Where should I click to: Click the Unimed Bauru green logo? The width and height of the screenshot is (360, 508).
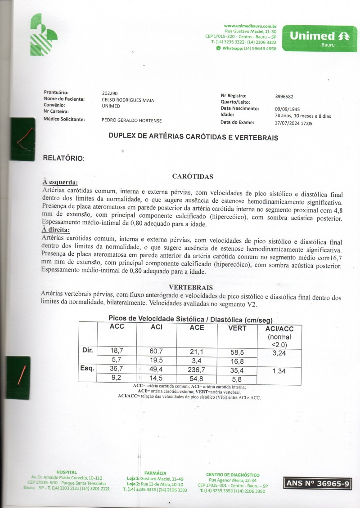[319, 39]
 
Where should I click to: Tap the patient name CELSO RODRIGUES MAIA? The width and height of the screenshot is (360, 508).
[128, 100]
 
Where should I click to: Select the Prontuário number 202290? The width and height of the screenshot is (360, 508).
[110, 94]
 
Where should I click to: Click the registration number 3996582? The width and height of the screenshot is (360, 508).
[284, 96]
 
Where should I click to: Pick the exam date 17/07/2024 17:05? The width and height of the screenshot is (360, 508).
[293, 123]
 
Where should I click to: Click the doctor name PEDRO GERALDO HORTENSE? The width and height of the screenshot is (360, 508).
[132, 120]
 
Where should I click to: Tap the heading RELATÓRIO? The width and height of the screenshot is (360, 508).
[63, 158]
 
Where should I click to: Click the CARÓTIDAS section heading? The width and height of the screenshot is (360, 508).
[192, 177]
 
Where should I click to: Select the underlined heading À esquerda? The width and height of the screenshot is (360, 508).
[60, 183]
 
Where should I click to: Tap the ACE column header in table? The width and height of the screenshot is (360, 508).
[197, 328]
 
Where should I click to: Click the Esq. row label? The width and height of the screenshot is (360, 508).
[88, 369]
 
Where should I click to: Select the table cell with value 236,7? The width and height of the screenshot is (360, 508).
[197, 370]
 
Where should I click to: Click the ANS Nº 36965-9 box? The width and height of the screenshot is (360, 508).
[317, 484]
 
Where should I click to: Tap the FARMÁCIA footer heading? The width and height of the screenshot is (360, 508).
[157, 473]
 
